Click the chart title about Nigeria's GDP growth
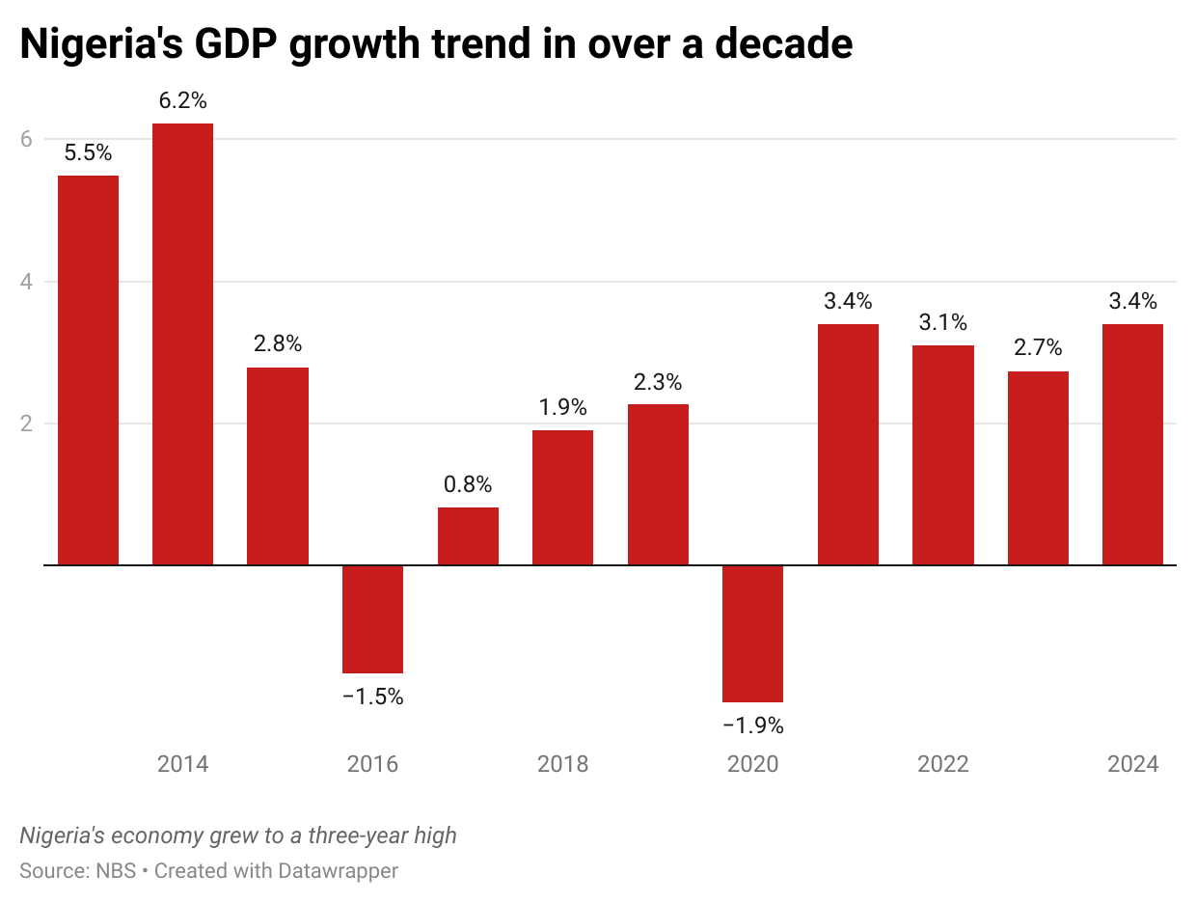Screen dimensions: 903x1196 point(436,45)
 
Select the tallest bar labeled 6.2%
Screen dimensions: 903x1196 point(183,343)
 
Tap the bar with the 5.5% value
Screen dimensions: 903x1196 point(88,369)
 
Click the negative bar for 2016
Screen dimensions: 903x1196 point(373,618)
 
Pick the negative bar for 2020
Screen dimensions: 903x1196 point(753,633)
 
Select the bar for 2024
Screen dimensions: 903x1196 point(1132,444)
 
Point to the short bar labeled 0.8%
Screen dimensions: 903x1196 point(468,535)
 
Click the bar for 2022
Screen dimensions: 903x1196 point(942,454)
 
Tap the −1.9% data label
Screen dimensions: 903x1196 point(753,725)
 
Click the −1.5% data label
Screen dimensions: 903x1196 point(373,697)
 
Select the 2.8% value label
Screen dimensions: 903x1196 point(278,343)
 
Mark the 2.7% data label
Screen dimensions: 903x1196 point(1038,347)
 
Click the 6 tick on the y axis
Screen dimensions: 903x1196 point(26,139)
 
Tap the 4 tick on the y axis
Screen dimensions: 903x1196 point(26,282)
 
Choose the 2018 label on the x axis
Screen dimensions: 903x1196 point(562,765)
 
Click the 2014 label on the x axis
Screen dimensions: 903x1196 point(182,765)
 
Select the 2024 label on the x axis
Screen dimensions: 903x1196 point(1132,765)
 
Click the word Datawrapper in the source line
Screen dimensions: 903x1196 point(338,870)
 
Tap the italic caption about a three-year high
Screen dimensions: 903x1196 point(238,835)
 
